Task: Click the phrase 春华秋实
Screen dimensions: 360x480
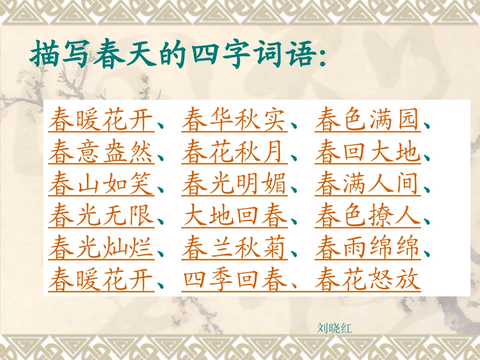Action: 234,120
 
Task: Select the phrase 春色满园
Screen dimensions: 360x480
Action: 367,120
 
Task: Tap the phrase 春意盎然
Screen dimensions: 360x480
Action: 101,152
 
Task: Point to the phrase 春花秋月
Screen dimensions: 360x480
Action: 234,152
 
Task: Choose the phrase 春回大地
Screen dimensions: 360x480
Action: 367,152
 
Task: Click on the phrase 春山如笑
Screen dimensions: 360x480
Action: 101,185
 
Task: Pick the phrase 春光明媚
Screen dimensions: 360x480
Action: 234,185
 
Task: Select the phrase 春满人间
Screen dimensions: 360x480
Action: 367,185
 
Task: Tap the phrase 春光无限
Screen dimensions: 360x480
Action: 101,217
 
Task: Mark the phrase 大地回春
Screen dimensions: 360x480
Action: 234,217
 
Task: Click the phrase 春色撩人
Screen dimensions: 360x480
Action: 367,217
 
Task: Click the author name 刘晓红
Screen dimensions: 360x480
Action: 334,329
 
